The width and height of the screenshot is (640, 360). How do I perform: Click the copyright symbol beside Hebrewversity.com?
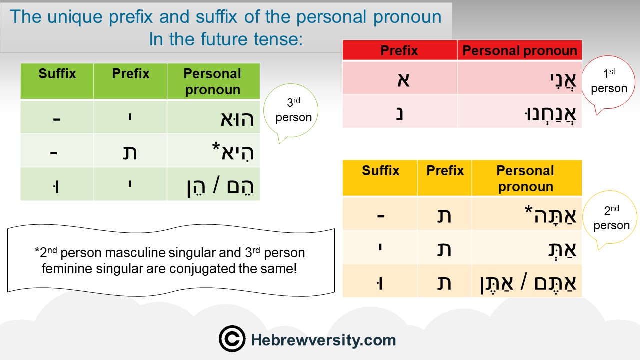click(x=232, y=339)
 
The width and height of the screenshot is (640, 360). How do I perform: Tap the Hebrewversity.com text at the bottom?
click(x=323, y=340)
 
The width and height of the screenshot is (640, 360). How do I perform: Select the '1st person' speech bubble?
click(x=608, y=83)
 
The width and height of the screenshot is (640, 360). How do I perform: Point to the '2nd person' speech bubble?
click(x=611, y=218)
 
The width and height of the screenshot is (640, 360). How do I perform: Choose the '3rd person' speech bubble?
click(x=291, y=111)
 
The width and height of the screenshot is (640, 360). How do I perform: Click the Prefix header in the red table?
click(x=399, y=51)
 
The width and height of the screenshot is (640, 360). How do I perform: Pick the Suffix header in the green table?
click(x=57, y=73)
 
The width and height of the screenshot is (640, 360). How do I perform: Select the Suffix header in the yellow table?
click(x=381, y=171)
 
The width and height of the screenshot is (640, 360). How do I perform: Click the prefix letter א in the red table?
click(x=403, y=80)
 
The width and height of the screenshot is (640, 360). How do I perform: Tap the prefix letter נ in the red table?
click(x=399, y=113)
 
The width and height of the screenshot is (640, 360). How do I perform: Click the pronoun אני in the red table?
click(x=563, y=81)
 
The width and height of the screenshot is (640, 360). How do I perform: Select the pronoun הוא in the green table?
click(x=237, y=119)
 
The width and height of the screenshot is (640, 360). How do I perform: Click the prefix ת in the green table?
click(x=130, y=153)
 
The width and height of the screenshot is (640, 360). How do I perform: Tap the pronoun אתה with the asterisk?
click(x=550, y=215)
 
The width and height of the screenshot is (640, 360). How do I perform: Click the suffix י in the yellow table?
click(x=380, y=247)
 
